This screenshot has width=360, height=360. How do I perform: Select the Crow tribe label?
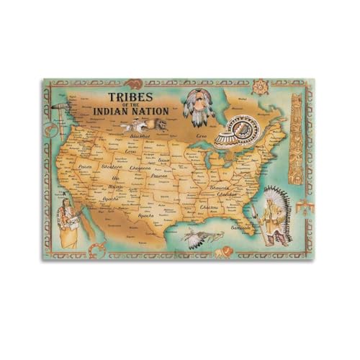[132, 152]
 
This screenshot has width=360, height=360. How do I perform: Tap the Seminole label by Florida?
[241, 227]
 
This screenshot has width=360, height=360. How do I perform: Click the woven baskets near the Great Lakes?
[238, 138]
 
